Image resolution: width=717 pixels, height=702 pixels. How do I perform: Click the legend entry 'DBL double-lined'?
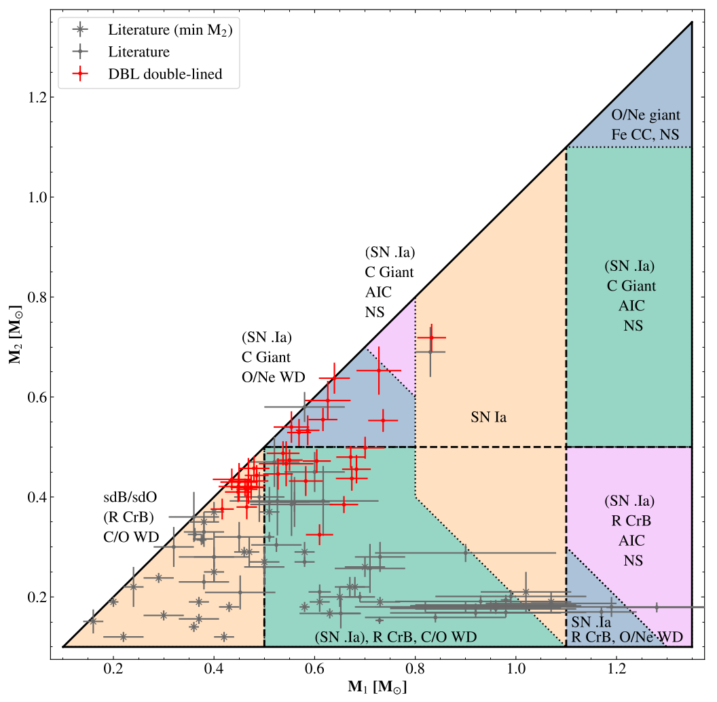click(x=165, y=74)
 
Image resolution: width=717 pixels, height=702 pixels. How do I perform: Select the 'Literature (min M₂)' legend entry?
click(x=170, y=30)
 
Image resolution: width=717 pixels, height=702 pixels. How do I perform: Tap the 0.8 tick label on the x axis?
click(x=416, y=669)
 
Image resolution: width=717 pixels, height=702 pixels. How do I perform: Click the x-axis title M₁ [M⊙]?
click(x=378, y=688)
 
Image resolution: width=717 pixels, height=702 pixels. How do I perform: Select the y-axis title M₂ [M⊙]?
click(x=16, y=335)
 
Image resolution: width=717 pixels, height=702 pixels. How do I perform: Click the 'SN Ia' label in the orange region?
click(x=488, y=417)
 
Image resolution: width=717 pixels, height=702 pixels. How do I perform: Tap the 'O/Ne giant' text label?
click(x=646, y=115)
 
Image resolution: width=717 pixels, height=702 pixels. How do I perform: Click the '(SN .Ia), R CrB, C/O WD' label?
click(x=396, y=637)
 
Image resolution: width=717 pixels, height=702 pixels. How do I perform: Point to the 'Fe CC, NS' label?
click(x=645, y=134)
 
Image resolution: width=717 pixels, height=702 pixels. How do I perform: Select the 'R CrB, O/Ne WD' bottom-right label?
click(x=627, y=637)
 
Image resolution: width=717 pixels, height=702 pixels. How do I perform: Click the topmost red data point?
click(x=430, y=337)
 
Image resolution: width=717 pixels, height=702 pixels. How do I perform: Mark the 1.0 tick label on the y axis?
click(x=39, y=197)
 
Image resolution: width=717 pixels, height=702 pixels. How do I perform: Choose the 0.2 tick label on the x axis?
click(x=113, y=669)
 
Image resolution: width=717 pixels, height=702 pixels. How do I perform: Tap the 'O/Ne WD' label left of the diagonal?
click(x=274, y=377)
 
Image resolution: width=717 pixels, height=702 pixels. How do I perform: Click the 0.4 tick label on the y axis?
click(x=39, y=497)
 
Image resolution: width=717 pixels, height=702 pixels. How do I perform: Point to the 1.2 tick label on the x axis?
click(x=617, y=669)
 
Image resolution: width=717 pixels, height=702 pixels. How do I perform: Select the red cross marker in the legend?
click(x=81, y=73)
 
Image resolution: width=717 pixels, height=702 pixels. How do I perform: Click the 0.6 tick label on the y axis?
click(x=39, y=397)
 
